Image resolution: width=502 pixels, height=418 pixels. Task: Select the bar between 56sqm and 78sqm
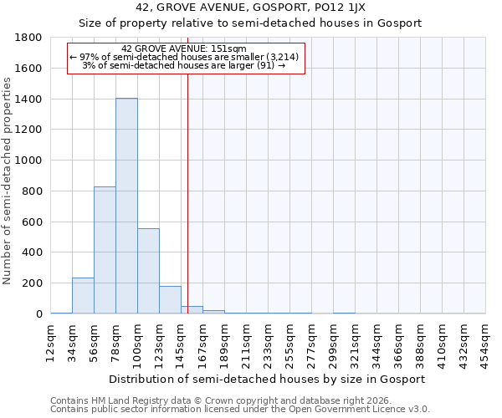105,250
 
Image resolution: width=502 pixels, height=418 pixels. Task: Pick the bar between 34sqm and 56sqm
83,296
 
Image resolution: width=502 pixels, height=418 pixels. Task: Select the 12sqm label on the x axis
50,341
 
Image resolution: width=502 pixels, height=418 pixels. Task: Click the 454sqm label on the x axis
485,341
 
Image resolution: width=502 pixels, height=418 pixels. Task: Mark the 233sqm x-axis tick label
268,341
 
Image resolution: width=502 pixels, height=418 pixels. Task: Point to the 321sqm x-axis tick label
355,341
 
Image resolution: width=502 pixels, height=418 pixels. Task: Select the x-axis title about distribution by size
268,379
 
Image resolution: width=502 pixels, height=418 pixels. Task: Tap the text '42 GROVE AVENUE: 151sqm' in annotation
183,48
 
